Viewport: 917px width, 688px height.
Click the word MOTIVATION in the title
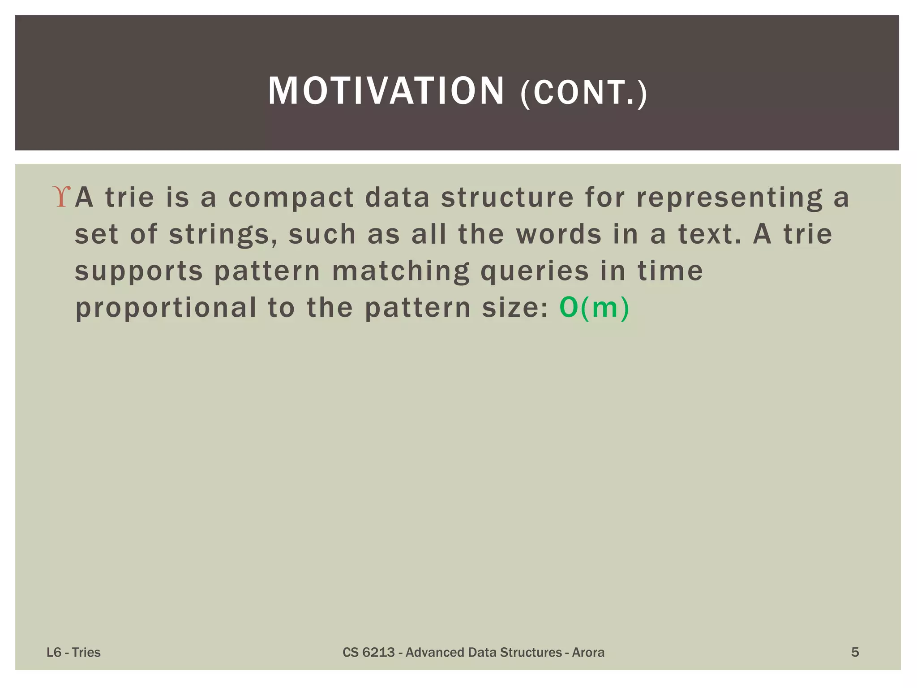(386, 91)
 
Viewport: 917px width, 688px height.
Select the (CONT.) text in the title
(583, 93)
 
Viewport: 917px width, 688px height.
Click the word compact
(291, 198)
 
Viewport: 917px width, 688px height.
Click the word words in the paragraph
(559, 234)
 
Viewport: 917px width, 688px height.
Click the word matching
(401, 271)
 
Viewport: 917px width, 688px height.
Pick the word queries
(535, 271)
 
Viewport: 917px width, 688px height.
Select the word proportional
(166, 308)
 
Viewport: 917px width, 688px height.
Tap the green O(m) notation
(594, 308)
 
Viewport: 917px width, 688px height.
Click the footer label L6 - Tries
(73, 652)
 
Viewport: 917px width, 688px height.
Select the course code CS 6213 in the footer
(369, 652)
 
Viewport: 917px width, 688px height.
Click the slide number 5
(855, 652)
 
